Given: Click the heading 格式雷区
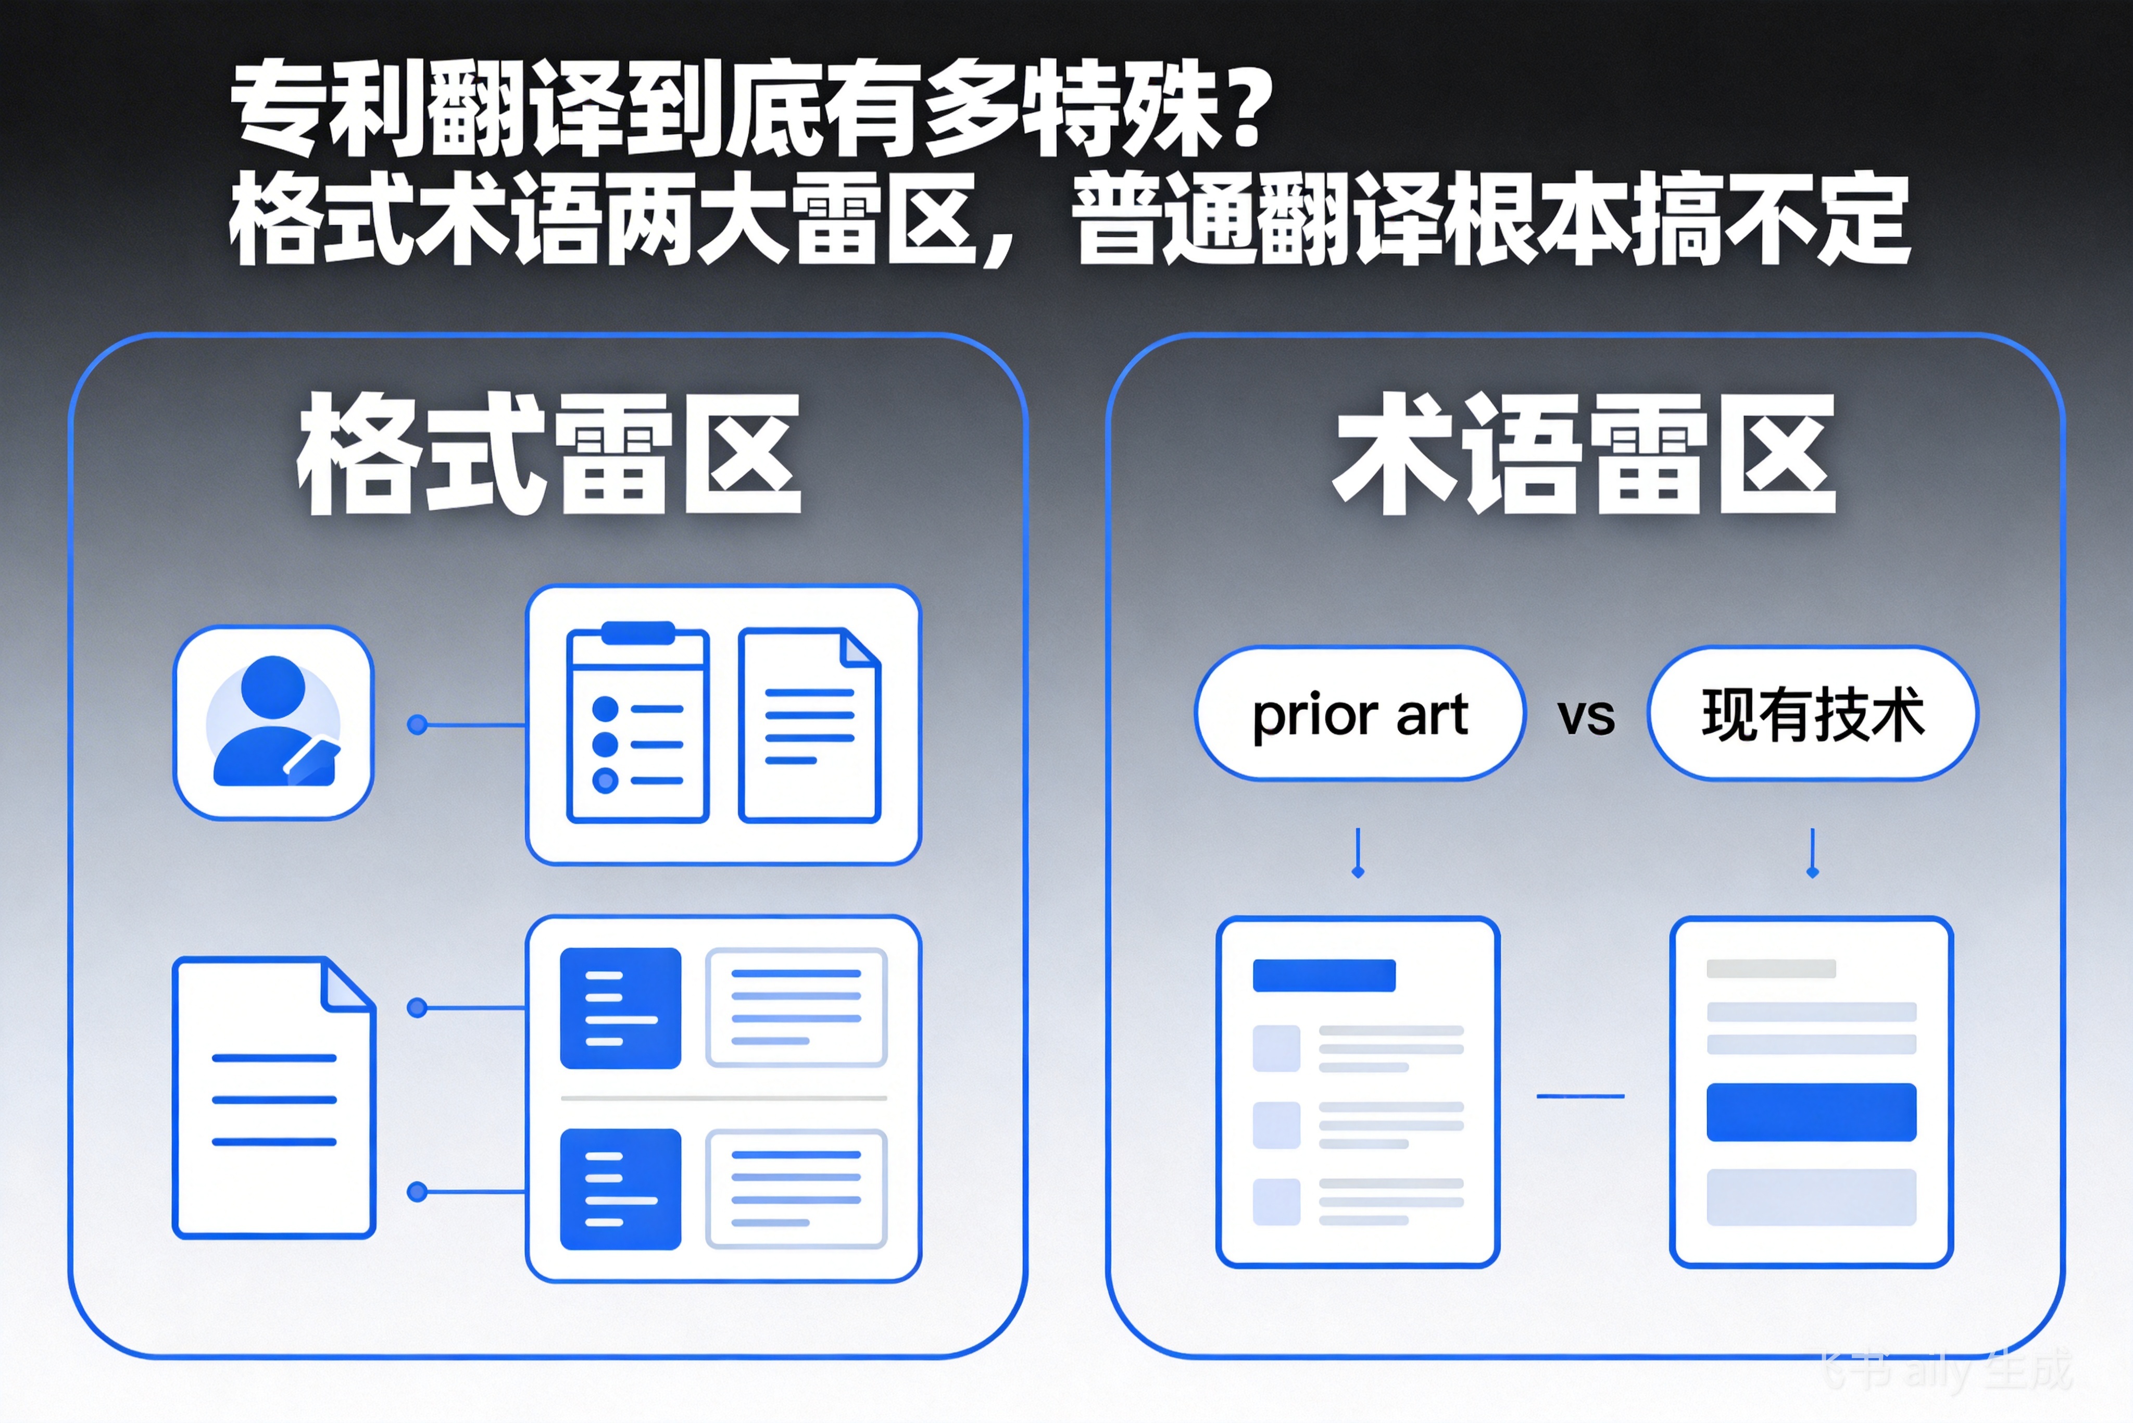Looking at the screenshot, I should [x=549, y=454].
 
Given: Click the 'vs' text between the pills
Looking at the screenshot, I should [x=1586, y=717].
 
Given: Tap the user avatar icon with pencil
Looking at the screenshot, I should [x=273, y=722].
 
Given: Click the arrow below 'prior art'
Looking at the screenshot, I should [x=1357, y=853].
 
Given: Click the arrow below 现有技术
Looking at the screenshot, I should [x=1812, y=853].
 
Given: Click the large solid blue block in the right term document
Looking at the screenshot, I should [x=1811, y=1112].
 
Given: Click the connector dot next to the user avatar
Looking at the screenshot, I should [x=417, y=724].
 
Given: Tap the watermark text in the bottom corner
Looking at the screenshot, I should [x=1946, y=1370].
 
